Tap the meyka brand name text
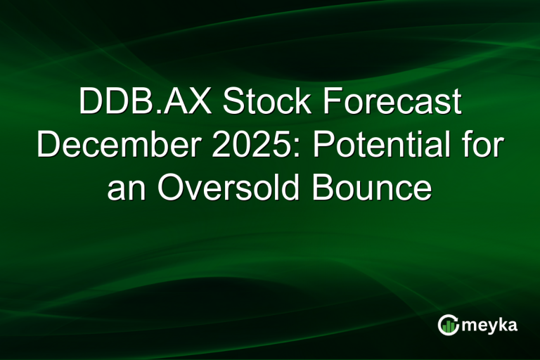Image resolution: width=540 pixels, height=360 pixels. [x=491, y=325]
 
